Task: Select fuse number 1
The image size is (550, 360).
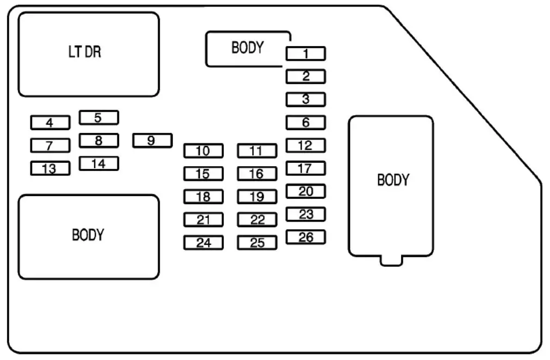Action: [x=305, y=53]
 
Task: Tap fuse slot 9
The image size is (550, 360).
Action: [x=152, y=141]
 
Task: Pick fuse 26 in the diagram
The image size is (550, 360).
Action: [x=305, y=237]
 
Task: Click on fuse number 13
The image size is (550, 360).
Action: [x=50, y=168]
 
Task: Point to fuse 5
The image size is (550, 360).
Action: [x=98, y=117]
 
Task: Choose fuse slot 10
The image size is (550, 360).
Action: [x=203, y=150]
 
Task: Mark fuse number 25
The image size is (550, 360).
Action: [x=257, y=243]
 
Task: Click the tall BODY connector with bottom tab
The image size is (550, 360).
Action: [x=391, y=185]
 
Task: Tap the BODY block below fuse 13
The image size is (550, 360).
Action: [x=89, y=236]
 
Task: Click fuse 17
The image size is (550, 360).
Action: [x=305, y=168]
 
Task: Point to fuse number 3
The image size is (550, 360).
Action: [x=305, y=99]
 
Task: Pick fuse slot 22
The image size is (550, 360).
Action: [x=257, y=220]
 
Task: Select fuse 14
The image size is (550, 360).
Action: [x=98, y=163]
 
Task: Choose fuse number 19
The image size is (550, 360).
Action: [x=257, y=197]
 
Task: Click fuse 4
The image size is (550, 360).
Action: [x=50, y=123]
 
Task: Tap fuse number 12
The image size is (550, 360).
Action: [x=305, y=146]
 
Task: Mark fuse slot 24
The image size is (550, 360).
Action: [x=203, y=243]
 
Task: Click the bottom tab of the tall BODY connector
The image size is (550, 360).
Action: [x=391, y=261]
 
